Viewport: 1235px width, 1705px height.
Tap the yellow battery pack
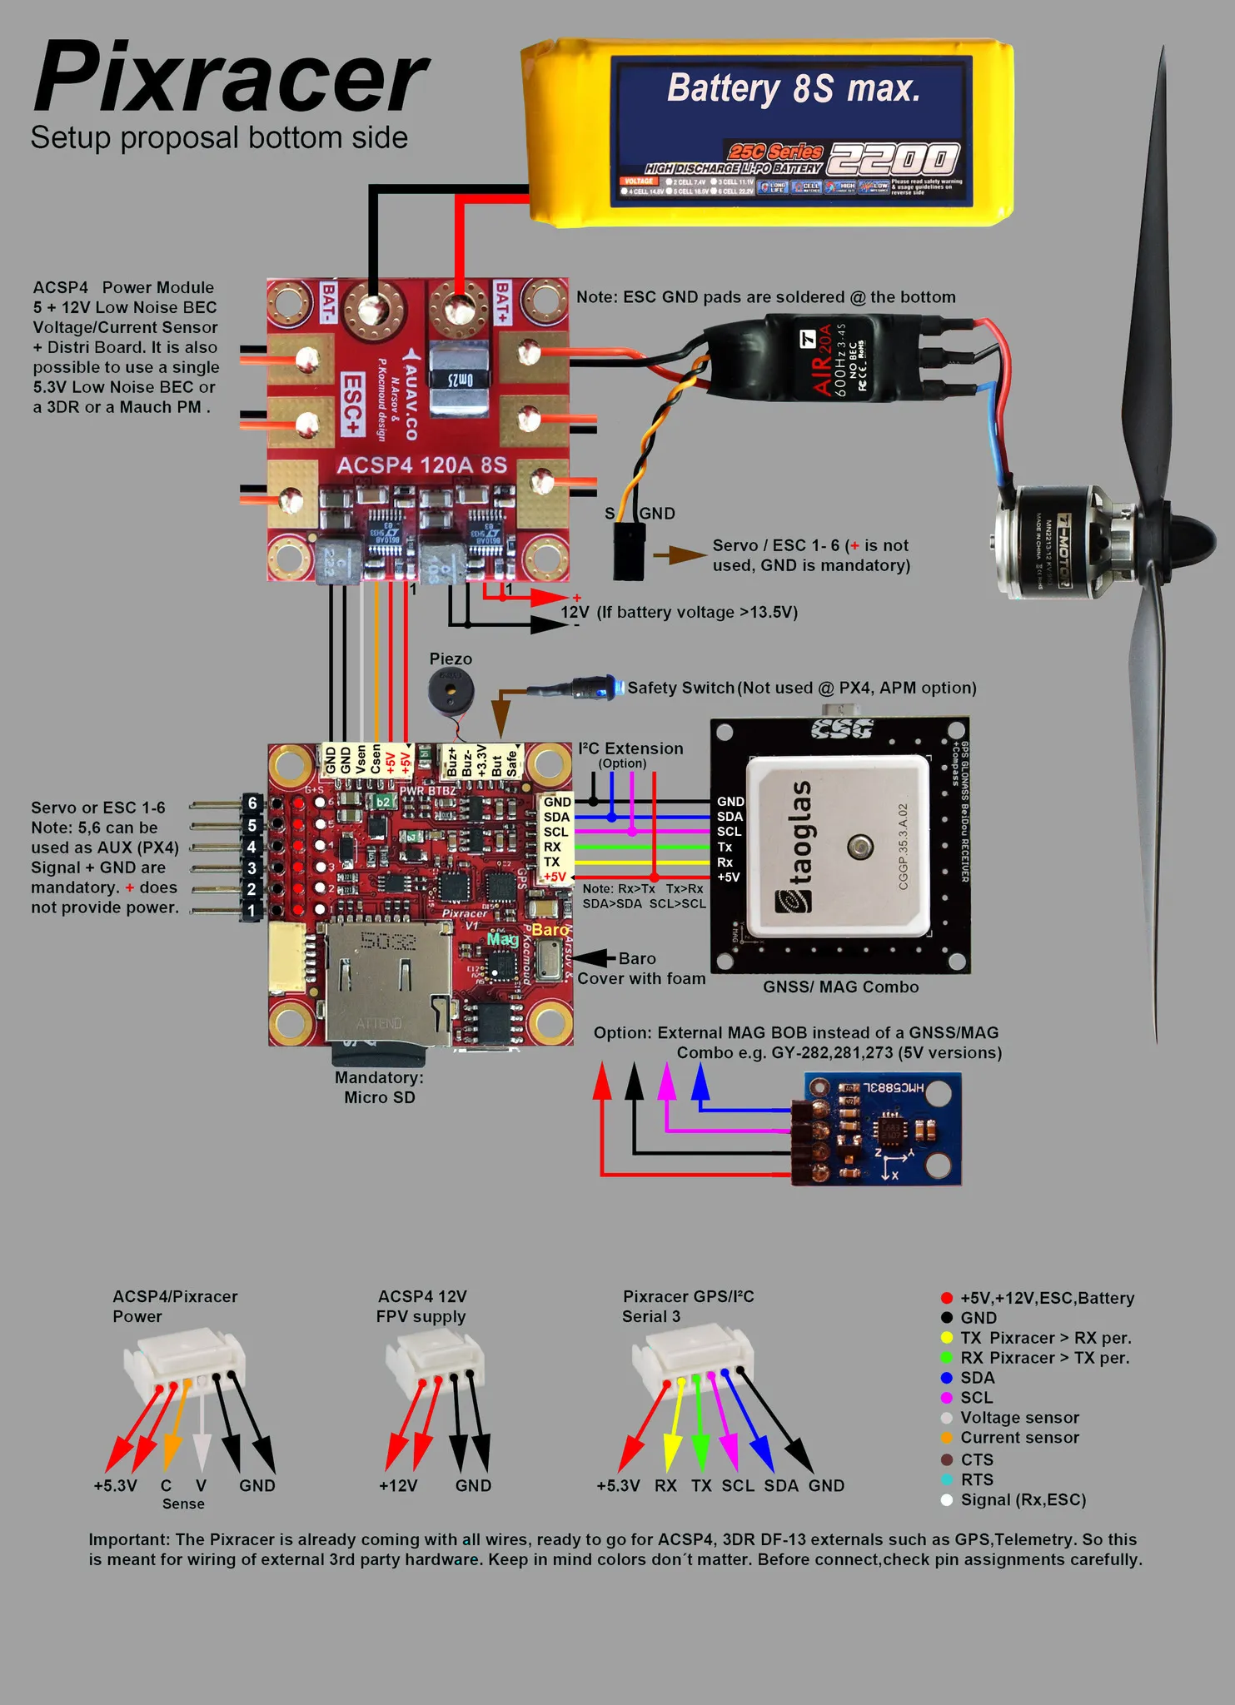pos(767,132)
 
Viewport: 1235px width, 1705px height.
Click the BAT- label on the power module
pos(329,303)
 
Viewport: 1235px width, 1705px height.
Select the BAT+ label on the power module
pos(502,301)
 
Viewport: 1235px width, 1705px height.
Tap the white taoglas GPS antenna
pos(837,847)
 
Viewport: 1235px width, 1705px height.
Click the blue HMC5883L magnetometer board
pos(881,1129)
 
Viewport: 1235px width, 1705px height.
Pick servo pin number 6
pos(252,803)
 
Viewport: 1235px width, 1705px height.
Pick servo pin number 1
pos(252,911)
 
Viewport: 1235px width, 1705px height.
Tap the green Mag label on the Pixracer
pos(502,939)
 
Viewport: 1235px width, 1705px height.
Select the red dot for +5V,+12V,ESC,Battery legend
pos(947,1298)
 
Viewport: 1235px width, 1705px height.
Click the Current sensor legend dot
pos(947,1438)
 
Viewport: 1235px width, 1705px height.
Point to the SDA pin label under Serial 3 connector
pos(781,1486)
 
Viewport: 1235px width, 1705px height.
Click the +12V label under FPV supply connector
pos(398,1486)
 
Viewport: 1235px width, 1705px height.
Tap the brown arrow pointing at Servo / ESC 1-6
pos(679,555)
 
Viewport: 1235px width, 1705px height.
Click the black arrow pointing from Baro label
pos(593,958)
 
